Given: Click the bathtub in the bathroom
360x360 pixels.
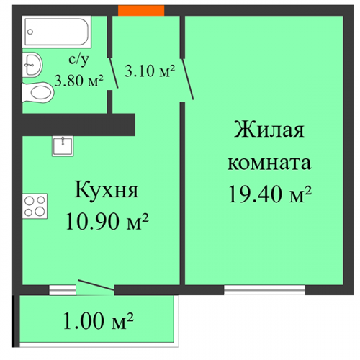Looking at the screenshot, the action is (57, 32).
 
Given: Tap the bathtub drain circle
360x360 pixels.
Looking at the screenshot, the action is (30, 32).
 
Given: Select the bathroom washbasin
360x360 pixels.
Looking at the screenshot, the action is (32, 65).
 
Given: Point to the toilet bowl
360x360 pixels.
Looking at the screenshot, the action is (38, 92).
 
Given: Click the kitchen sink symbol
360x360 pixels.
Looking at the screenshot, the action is (63, 146).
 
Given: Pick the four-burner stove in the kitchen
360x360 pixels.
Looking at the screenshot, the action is (35, 206).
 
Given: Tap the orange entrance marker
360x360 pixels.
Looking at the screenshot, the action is (141, 10).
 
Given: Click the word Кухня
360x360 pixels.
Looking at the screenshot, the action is (107, 189).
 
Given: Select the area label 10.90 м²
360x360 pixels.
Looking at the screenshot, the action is (107, 221).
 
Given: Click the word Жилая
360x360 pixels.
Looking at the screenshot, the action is (269, 130).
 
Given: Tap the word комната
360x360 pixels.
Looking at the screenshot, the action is (269, 163).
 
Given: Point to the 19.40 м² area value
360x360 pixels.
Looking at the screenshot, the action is (270, 194).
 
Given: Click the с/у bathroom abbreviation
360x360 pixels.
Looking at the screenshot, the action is (78, 59).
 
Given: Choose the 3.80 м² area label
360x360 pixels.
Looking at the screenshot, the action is (78, 81).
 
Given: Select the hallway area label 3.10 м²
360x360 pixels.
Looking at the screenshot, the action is (150, 71).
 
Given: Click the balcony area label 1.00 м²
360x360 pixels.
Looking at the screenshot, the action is (98, 321).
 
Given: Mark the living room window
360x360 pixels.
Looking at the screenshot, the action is (264, 290).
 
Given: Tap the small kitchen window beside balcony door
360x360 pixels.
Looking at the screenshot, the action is (63, 290).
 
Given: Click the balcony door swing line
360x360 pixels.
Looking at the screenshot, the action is (96, 285).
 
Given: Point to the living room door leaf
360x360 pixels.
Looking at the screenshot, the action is (188, 79).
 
